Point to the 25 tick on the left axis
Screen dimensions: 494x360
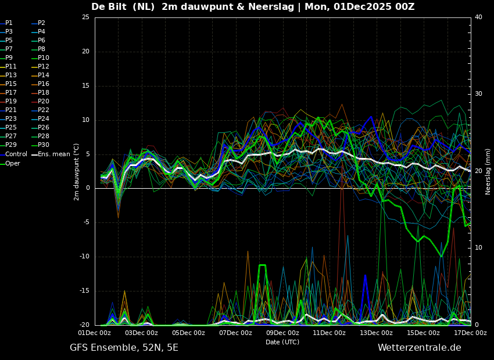pos(85,17)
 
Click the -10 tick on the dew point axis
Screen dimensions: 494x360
pos(84,257)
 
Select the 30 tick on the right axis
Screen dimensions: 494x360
pos(478,94)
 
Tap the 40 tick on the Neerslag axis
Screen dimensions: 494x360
pos(478,17)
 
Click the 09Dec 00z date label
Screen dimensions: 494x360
pos(282,333)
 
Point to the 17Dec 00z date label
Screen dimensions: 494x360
pos(470,333)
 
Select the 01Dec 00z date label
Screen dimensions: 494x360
pos(95,333)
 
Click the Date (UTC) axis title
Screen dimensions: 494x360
pos(282,342)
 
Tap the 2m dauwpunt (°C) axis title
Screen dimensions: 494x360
pos(77,172)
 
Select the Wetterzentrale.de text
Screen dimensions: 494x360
pos(420,348)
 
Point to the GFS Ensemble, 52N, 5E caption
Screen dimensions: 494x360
pos(124,348)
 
